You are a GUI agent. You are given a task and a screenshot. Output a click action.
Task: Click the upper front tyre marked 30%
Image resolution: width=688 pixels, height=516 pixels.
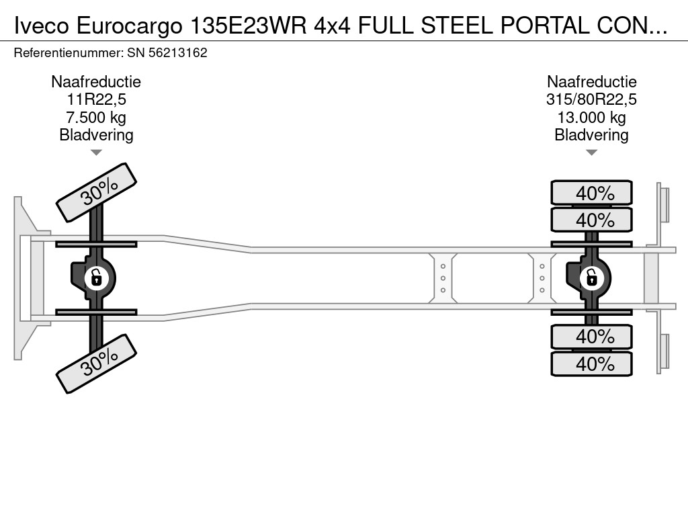tap(96, 193)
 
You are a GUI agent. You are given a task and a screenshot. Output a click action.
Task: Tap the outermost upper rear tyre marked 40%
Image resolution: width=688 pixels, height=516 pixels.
tap(591, 193)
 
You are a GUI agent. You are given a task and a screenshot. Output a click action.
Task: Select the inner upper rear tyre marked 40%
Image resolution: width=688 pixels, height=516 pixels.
tap(591, 220)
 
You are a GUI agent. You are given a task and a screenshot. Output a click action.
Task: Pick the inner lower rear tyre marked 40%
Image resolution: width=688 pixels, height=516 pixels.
tap(591, 336)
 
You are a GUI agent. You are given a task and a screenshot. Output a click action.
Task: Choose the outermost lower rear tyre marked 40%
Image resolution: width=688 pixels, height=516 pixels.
tap(591, 363)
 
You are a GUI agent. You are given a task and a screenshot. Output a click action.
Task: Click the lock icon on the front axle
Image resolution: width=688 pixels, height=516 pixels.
tap(96, 277)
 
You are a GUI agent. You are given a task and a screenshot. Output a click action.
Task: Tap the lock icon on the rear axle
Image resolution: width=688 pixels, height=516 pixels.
tap(591, 277)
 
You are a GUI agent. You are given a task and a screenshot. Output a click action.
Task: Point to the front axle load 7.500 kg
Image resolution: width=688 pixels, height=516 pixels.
tap(96, 118)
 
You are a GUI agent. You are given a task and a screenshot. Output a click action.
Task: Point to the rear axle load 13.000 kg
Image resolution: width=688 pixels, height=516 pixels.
tap(591, 118)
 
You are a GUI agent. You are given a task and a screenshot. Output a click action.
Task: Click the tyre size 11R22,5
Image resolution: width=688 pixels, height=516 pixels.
tap(96, 100)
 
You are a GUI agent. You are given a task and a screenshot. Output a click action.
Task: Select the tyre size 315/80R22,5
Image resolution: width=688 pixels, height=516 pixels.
tap(591, 100)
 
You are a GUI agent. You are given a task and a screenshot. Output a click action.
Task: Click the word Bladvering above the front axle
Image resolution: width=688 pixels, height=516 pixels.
tap(96, 135)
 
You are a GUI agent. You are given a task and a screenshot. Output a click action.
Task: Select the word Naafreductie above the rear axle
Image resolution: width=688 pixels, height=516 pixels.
tap(591, 82)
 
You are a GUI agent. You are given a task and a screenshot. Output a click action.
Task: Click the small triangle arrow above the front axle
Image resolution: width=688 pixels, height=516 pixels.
tap(96, 153)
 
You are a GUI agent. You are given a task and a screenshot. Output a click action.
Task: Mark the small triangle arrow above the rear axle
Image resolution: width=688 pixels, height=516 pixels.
tap(591, 153)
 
